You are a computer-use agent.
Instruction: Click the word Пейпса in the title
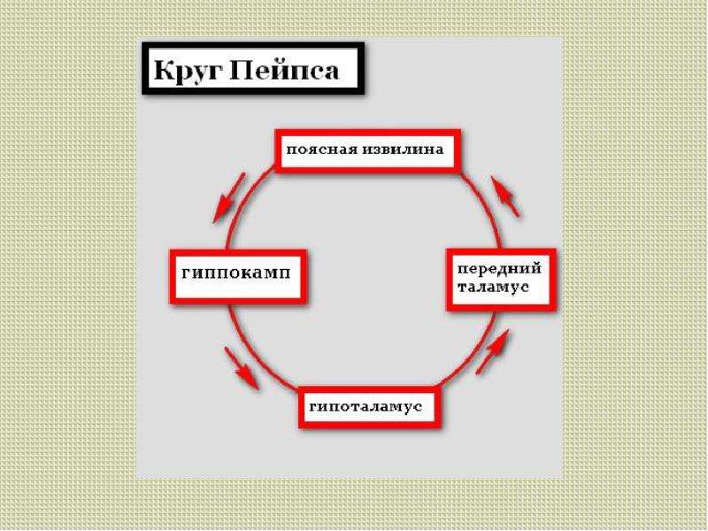tap(284, 70)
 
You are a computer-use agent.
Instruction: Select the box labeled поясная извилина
tap(368, 150)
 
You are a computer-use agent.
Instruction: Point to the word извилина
tap(402, 149)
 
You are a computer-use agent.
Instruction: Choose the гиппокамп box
tap(238, 276)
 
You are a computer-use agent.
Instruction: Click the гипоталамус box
tap(369, 407)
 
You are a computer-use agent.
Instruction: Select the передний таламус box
tap(501, 280)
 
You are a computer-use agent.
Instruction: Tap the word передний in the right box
tap(499, 269)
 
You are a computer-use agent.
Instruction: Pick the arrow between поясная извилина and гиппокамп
tap(229, 197)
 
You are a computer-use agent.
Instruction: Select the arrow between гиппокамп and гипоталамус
tap(242, 367)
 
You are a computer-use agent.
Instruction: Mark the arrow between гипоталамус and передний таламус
tap(493, 351)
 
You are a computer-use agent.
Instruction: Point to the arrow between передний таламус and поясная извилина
tap(505, 196)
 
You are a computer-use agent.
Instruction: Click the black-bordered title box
tap(253, 69)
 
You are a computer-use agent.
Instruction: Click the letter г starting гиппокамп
tap(186, 273)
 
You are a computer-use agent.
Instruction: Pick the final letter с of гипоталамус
tap(418, 407)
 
